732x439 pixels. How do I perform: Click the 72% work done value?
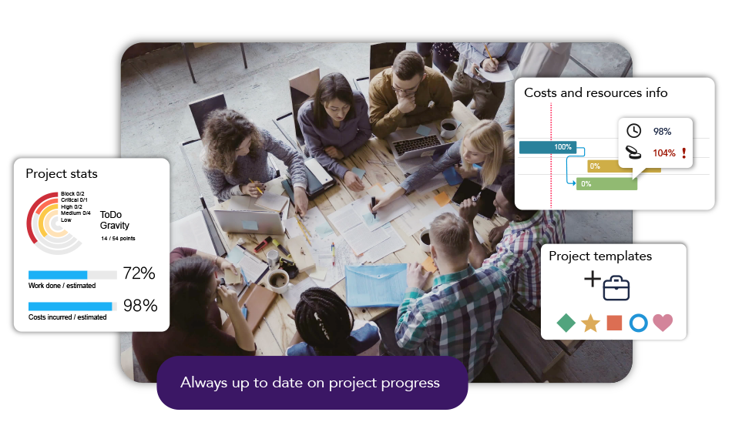(139, 273)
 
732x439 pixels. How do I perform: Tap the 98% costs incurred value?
(140, 306)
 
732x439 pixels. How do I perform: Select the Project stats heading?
(62, 174)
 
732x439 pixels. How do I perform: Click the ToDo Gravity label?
(114, 220)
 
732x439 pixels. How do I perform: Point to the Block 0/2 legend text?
(72, 193)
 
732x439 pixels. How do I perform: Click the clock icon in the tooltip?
(633, 131)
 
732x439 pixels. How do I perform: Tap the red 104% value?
(664, 153)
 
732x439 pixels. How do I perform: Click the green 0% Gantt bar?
(607, 184)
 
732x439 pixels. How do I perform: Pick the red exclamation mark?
(684, 152)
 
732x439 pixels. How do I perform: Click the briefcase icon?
(616, 288)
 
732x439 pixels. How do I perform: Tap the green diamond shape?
(566, 323)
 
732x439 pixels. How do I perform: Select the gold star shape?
(590, 323)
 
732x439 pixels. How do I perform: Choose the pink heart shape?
(663, 323)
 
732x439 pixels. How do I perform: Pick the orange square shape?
(614, 323)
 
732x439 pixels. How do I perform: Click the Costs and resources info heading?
(596, 93)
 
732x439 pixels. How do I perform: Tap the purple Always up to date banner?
(312, 383)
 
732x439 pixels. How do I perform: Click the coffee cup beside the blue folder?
(279, 281)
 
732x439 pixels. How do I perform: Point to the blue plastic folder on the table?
(376, 285)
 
